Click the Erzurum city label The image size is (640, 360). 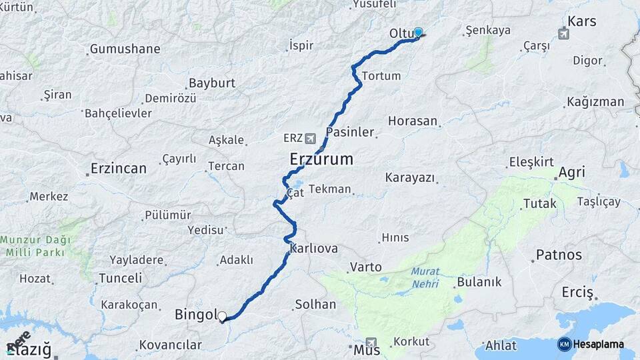click(x=321, y=160)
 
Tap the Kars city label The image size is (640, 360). click(x=582, y=21)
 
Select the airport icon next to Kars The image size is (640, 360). click(x=565, y=34)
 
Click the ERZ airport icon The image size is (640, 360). click(x=310, y=139)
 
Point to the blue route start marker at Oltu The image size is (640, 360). click(x=418, y=32)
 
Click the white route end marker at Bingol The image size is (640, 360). click(x=222, y=317)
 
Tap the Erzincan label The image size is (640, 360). click(x=119, y=169)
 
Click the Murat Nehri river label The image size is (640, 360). click(x=425, y=277)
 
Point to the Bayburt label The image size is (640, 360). click(x=212, y=83)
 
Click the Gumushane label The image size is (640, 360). click(x=125, y=49)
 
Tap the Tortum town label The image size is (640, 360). click(x=381, y=76)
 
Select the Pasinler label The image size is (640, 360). click(x=350, y=132)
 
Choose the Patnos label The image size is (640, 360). click(x=559, y=255)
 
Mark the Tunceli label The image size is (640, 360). click(x=120, y=278)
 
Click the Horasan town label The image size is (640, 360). click(x=413, y=121)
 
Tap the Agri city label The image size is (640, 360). click(x=571, y=172)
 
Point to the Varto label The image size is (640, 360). click(x=365, y=267)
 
